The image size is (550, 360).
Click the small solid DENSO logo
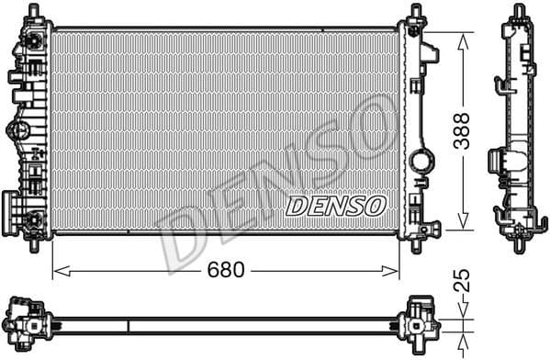(336, 206)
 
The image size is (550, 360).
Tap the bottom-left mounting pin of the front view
(37, 243)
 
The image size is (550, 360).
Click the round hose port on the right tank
(422, 161)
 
